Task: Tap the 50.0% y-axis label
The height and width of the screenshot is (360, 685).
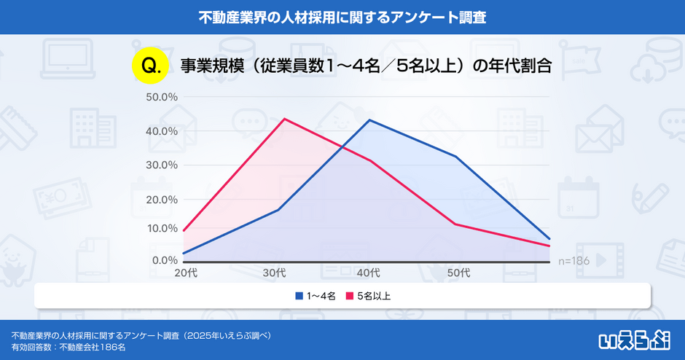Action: (162, 97)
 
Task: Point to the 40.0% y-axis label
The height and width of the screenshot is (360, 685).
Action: (162, 131)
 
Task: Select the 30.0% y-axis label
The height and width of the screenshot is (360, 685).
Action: (162, 165)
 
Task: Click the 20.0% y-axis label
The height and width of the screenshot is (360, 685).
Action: (162, 199)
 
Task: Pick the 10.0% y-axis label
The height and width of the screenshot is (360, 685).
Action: (162, 228)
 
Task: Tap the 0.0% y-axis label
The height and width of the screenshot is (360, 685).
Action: (163, 260)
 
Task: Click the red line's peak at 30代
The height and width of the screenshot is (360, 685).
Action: (283, 119)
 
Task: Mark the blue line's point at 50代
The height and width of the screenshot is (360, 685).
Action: (456, 157)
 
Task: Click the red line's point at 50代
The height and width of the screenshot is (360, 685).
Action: (456, 224)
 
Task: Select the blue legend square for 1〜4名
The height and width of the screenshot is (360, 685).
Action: (299, 296)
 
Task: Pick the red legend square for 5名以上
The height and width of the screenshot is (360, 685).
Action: (349, 296)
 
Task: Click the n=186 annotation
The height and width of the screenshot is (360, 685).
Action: (574, 260)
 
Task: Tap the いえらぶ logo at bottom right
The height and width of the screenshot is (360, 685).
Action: (633, 339)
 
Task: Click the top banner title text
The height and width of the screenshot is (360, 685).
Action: (342, 16)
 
